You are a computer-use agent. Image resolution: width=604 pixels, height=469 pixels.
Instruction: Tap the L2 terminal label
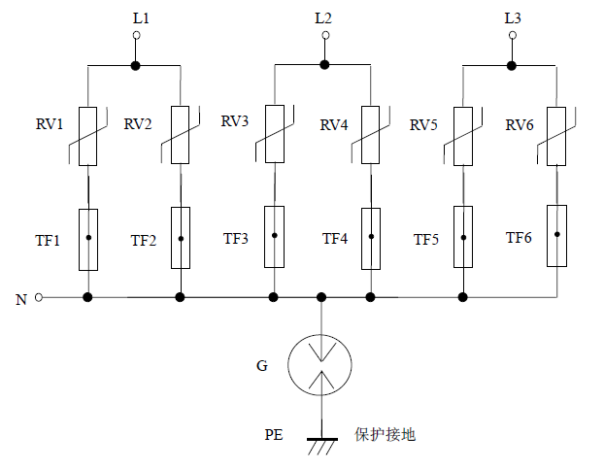click(x=323, y=17)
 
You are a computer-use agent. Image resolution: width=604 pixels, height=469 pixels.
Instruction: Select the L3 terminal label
click(x=513, y=17)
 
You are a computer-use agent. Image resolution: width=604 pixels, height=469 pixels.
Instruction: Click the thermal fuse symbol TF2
click(x=180, y=238)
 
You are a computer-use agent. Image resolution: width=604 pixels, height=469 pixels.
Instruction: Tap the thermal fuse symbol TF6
click(x=556, y=235)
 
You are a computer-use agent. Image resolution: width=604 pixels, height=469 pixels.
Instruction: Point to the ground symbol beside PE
click(x=320, y=444)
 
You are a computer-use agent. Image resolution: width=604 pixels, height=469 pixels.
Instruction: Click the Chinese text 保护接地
click(x=385, y=435)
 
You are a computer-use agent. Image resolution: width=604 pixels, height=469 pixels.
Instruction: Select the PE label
click(x=274, y=435)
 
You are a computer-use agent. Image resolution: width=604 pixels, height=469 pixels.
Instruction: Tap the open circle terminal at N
click(x=39, y=297)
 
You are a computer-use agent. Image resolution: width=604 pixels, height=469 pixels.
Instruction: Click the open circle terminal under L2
click(x=323, y=37)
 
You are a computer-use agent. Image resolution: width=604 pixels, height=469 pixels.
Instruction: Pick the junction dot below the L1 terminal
click(x=135, y=66)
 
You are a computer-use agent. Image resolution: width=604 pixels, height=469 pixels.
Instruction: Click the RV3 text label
click(x=235, y=121)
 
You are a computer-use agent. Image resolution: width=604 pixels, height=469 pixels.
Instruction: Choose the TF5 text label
click(x=427, y=239)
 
